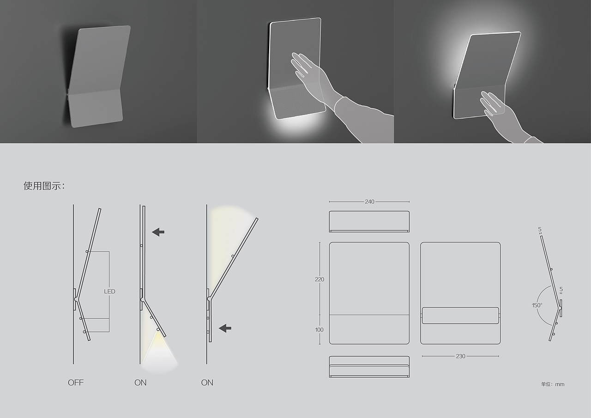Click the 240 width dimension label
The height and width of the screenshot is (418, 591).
click(x=369, y=202)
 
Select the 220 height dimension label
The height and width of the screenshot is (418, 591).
click(x=320, y=279)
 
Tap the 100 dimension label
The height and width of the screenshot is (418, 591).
click(x=319, y=330)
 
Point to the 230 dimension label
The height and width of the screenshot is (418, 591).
click(x=460, y=356)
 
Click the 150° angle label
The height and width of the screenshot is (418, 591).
click(x=537, y=305)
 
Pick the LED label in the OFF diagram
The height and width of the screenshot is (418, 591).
click(x=109, y=291)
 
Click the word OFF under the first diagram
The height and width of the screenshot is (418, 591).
click(x=76, y=382)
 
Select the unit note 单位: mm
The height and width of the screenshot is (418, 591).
click(x=553, y=384)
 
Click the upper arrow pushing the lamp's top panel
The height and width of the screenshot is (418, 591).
click(x=158, y=232)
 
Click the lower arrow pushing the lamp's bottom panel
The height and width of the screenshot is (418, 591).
click(x=225, y=328)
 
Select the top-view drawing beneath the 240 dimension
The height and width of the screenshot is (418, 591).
click(x=369, y=221)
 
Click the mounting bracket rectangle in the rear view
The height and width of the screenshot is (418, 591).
click(x=460, y=315)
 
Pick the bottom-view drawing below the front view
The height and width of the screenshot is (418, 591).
click(x=369, y=367)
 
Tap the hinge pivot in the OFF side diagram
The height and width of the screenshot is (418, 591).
click(x=76, y=299)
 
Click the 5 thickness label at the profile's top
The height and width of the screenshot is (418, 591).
click(x=540, y=229)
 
